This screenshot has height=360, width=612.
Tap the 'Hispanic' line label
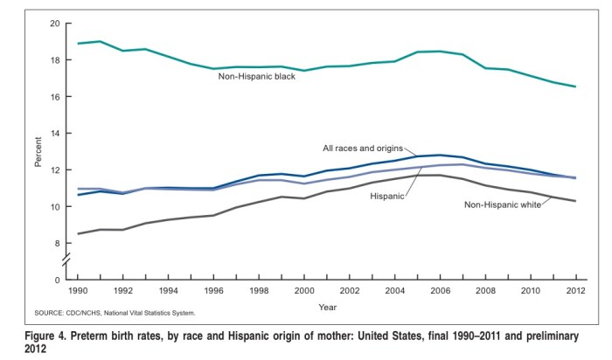pyautogui.click(x=387, y=197)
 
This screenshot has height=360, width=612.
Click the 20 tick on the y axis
pyautogui.click(x=53, y=23)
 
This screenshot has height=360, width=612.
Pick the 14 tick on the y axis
pyautogui.click(x=53, y=134)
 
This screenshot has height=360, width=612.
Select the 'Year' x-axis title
pyautogui.click(x=327, y=308)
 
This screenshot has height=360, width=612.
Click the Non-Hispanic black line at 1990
pyautogui.click(x=79, y=43)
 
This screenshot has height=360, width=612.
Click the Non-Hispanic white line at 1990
pyautogui.click(x=79, y=233)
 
